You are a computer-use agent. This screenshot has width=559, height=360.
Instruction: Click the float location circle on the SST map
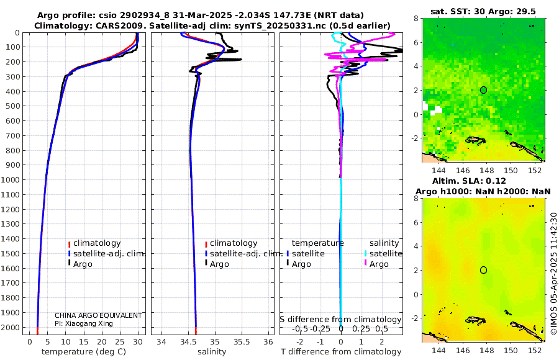[483, 90]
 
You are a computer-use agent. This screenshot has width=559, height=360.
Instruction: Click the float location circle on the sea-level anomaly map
[483, 270]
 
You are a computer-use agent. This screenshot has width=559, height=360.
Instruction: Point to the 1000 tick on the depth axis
[12, 180]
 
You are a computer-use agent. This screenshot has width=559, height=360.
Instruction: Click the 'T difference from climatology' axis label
[341, 352]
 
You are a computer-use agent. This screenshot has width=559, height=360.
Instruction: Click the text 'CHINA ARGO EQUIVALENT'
[98, 315]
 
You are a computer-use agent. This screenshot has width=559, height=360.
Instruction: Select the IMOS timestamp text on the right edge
[553, 273]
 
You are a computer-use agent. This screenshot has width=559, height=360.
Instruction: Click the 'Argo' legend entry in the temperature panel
[83, 264]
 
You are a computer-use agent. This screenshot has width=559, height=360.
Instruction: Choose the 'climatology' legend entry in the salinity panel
[234, 243]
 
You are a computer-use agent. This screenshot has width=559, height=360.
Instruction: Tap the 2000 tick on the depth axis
[12, 328]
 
